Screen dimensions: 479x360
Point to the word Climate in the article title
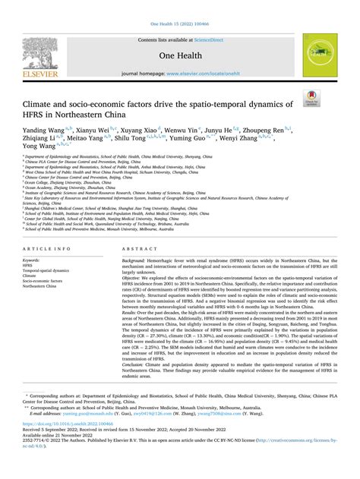click(x=45, y=103)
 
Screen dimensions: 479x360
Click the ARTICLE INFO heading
click(x=47, y=228)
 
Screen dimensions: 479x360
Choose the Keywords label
click(x=36, y=240)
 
